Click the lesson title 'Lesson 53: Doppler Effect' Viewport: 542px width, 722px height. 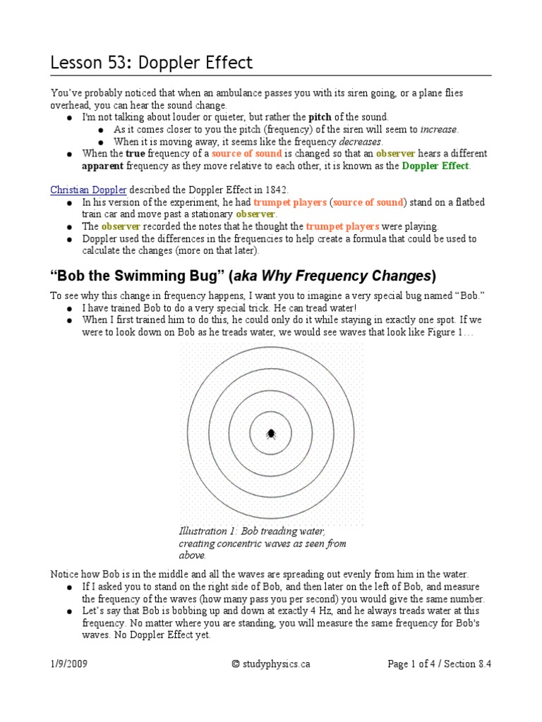click(x=151, y=63)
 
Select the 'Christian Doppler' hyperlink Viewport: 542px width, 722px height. click(x=88, y=190)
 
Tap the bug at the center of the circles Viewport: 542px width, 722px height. click(x=271, y=433)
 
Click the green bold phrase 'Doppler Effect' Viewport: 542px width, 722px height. click(x=435, y=166)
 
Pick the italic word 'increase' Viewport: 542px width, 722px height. click(x=439, y=129)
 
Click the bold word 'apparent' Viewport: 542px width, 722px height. click(x=103, y=166)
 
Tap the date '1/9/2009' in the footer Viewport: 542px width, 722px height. click(x=69, y=663)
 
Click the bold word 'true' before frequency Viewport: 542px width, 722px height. click(x=135, y=154)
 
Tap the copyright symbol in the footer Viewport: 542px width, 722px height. click(x=236, y=663)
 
